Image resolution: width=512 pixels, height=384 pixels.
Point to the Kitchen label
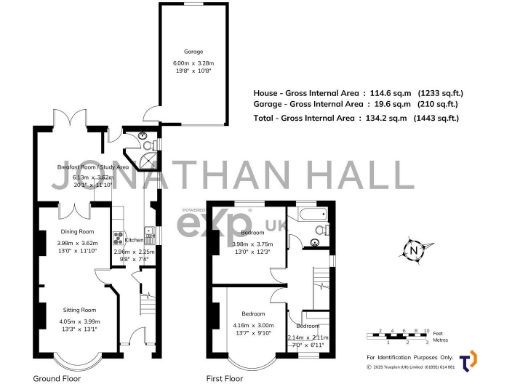click(x=133, y=240)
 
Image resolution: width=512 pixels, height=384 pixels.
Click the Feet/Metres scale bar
click(x=398, y=331)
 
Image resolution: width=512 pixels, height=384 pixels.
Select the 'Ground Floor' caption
click(x=57, y=379)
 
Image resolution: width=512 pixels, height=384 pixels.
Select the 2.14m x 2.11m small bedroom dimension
click(x=308, y=338)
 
